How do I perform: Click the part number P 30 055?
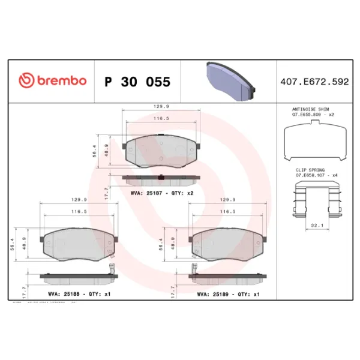point(137,82)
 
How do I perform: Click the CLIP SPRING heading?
point(310,170)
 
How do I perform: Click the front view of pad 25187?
point(162,151)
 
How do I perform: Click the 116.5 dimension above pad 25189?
point(227,212)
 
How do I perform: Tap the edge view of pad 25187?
point(162,179)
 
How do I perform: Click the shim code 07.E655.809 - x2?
point(313,114)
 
